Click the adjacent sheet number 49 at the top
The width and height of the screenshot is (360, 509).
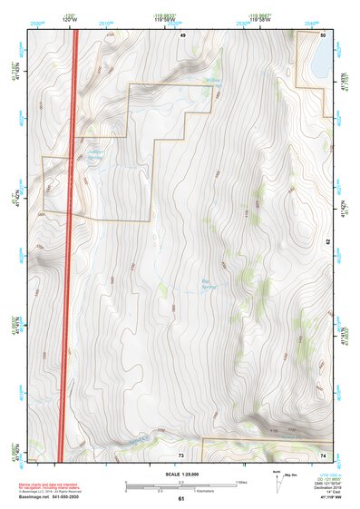pos(182,34)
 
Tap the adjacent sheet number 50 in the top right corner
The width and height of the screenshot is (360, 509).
pos(324,34)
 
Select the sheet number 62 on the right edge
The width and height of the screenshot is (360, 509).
pos(328,242)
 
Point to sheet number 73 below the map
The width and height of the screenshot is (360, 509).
pos(181,454)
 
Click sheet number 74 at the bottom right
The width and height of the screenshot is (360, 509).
pos(324,454)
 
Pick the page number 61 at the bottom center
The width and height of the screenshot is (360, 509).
pos(181,499)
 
